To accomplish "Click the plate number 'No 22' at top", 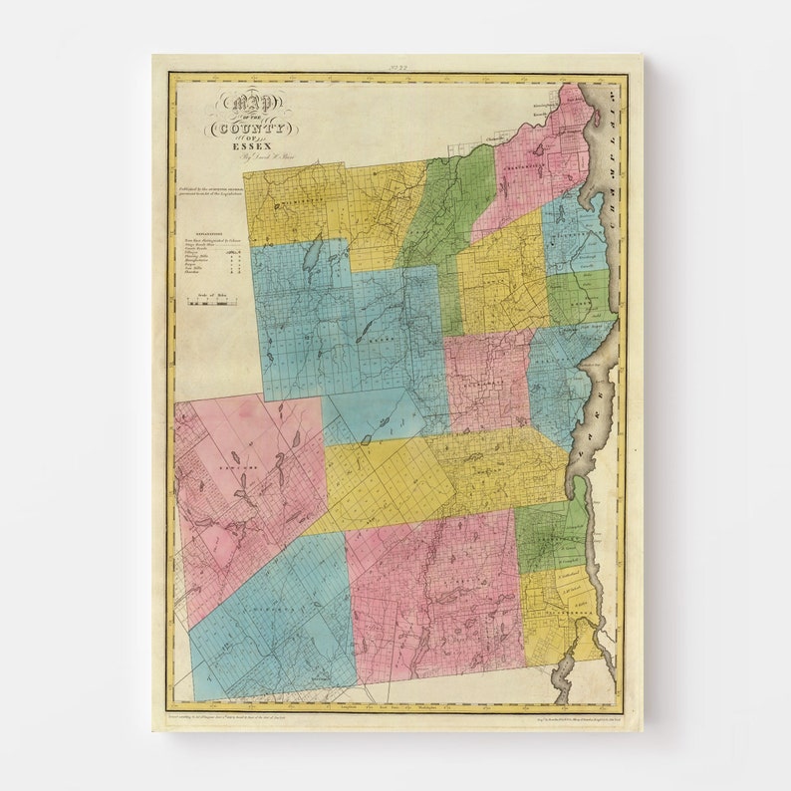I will pyautogui.click(x=397, y=66).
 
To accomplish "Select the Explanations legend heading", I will pyautogui.click(x=198, y=229).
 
